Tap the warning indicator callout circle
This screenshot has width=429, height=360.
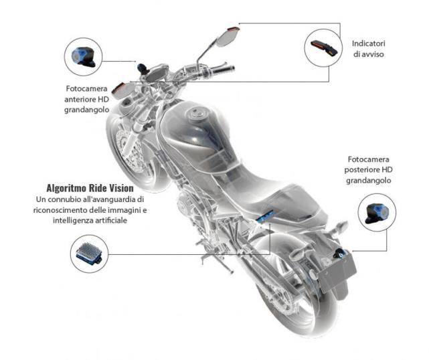coord(323,48)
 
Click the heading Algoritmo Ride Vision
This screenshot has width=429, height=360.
coord(90,188)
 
